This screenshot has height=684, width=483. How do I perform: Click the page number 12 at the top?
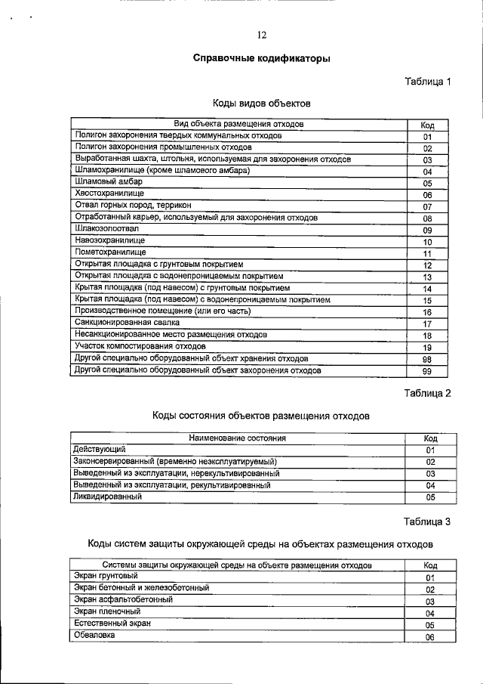click(x=262, y=35)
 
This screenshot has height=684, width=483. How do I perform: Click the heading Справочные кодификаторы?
click(x=261, y=58)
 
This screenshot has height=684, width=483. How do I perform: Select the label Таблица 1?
click(x=427, y=81)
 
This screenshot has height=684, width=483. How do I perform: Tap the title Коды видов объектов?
click(x=261, y=103)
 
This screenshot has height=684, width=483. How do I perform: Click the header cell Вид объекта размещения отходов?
click(x=238, y=123)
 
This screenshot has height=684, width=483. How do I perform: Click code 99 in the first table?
click(x=427, y=371)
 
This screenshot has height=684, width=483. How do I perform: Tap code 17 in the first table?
click(x=427, y=324)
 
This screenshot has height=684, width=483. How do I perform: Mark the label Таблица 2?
click(x=427, y=393)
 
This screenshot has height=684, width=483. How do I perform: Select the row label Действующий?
click(x=100, y=449)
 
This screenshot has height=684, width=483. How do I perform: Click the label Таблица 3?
click(x=427, y=521)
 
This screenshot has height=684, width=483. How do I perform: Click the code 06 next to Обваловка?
click(x=430, y=637)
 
